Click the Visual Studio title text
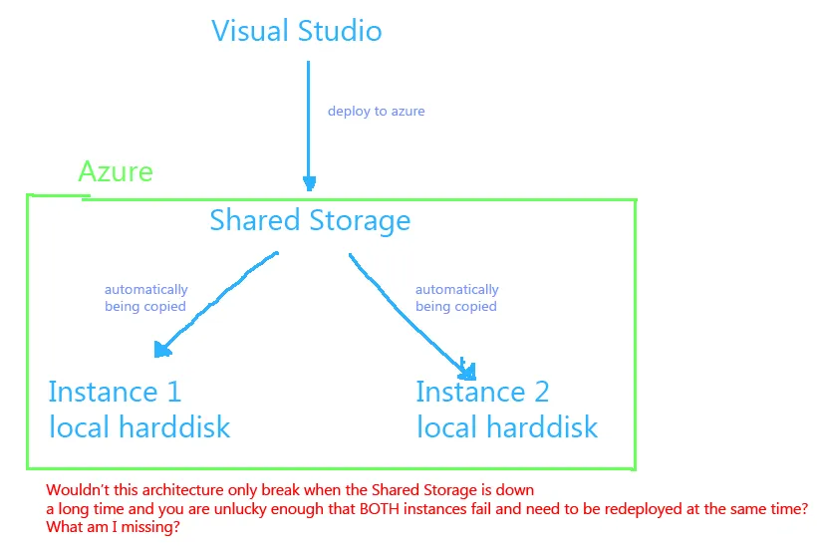pos(296,30)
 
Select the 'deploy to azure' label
pos(376,111)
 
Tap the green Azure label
pos(116,171)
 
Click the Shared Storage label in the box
pos(309,219)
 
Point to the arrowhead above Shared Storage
pos(309,184)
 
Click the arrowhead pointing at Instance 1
pos(160,349)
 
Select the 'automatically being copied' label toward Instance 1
pos(145,298)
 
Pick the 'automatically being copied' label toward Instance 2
pos(456,298)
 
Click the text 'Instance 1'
pos(115,391)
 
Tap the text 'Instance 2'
pos(482,391)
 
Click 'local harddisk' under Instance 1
pos(139,427)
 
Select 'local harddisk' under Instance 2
pos(507,427)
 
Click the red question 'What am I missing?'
pos(113,527)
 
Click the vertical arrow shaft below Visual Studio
pos(309,120)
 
